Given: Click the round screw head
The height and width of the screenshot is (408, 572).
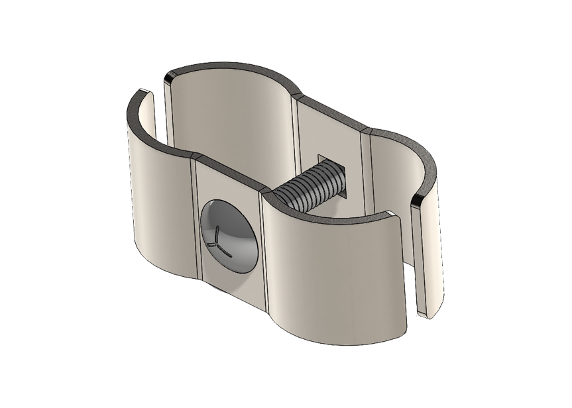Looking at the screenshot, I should coord(229,234).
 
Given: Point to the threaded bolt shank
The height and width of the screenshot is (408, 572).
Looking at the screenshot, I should coord(309,189).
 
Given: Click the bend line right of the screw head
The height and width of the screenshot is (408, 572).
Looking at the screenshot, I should coord(263,252).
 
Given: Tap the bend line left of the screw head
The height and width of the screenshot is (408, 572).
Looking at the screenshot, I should coord(197,219).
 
